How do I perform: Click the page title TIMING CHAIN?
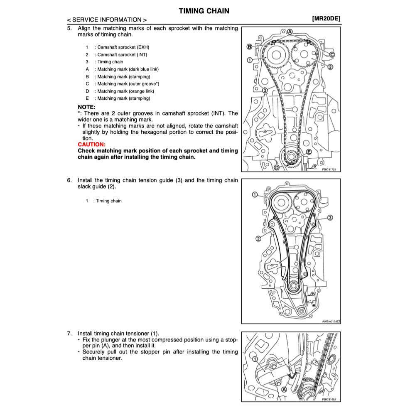click(204, 11)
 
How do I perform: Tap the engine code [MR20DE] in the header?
click(326, 19)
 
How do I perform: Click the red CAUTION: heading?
click(91, 145)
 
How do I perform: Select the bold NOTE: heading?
click(86, 107)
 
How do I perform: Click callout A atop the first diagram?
click(290, 32)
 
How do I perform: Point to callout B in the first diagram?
click(249, 46)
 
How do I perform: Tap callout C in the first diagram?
click(332, 54)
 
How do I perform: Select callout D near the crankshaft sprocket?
click(277, 167)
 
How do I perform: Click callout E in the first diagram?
click(309, 152)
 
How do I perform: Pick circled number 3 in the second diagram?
click(330, 217)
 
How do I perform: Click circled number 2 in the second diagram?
click(258, 238)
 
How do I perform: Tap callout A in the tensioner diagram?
click(284, 390)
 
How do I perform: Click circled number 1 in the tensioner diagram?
click(255, 359)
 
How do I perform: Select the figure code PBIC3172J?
click(329, 169)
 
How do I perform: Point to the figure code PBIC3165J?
click(329, 399)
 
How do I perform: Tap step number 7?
click(69, 333)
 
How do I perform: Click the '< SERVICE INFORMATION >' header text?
click(106, 20)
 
